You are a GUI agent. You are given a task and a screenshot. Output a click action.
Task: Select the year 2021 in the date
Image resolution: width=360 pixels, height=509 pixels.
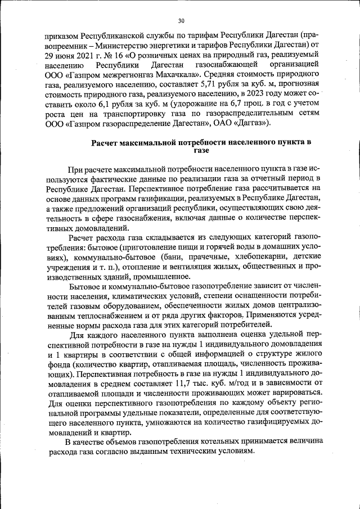click(79, 55)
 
